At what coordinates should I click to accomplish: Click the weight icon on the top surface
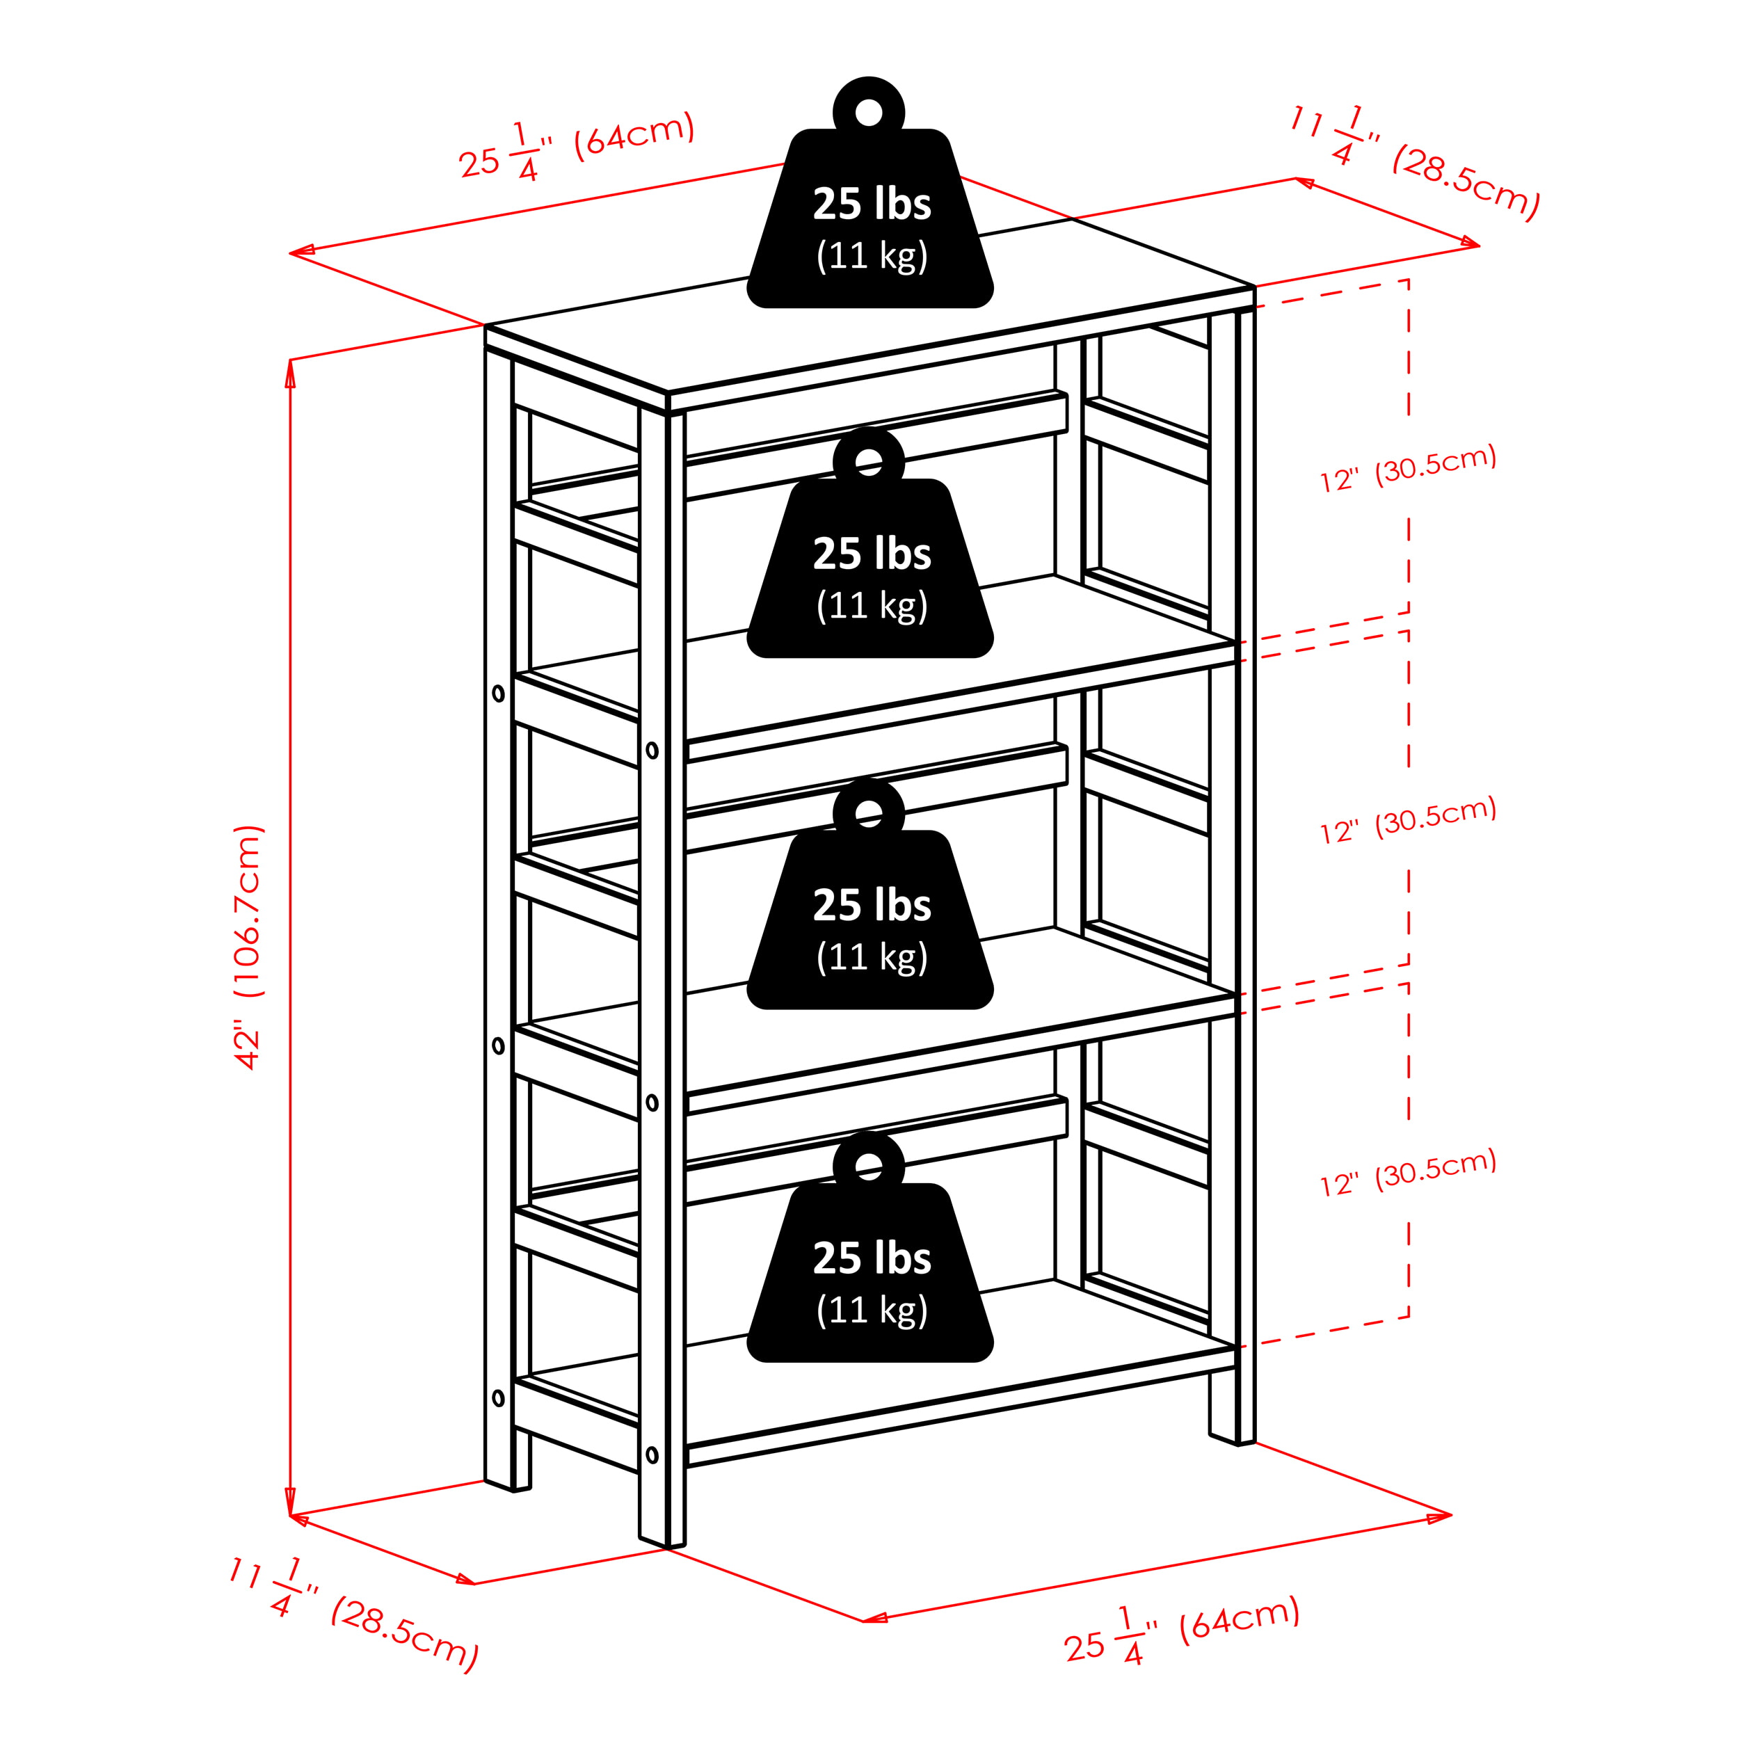(869, 193)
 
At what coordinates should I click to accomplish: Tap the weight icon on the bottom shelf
(869, 1247)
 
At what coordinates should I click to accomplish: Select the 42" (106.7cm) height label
(248, 947)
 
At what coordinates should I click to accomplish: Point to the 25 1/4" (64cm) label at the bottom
(1182, 1630)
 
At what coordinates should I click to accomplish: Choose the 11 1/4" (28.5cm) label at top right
(1415, 163)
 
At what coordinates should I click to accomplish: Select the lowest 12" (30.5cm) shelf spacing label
(1408, 1173)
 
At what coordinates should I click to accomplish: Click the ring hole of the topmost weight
(869, 113)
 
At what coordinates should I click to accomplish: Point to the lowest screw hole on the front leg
(652, 1455)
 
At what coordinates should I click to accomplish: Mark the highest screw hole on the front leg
(652, 751)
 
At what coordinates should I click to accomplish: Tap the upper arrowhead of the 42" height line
(290, 374)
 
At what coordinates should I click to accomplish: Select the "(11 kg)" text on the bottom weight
(872, 1310)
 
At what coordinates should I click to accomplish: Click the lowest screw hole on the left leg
(499, 1398)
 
